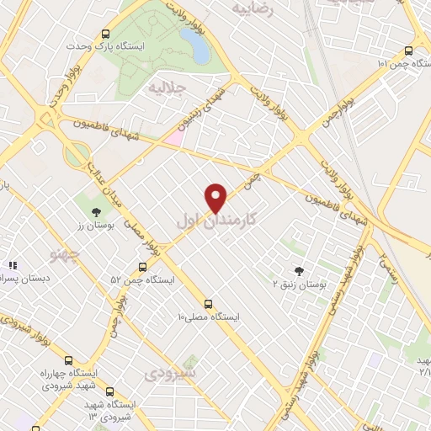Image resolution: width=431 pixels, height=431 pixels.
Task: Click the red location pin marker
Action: click(x=216, y=198)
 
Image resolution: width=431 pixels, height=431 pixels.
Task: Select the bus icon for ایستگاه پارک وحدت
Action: click(x=105, y=34)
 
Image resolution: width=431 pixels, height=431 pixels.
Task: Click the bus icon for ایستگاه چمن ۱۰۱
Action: click(x=409, y=50)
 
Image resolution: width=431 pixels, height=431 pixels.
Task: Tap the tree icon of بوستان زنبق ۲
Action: click(x=301, y=270)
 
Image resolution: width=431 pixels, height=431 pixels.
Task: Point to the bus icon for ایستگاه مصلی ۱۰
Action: click(x=208, y=304)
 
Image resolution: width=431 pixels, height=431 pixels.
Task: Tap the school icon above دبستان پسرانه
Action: click(x=13, y=265)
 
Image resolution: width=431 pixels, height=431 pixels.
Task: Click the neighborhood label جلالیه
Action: click(x=165, y=87)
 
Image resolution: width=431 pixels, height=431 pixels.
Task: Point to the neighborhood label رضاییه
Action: click(x=253, y=9)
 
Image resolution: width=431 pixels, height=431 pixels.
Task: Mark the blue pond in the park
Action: click(x=200, y=49)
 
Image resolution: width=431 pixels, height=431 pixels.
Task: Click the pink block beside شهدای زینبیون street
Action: click(x=173, y=134)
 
